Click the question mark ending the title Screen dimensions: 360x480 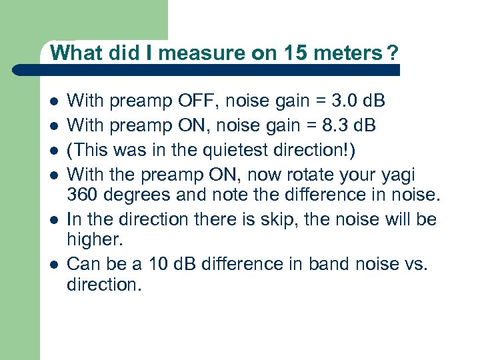[x=393, y=53]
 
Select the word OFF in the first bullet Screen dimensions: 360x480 [x=194, y=101]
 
